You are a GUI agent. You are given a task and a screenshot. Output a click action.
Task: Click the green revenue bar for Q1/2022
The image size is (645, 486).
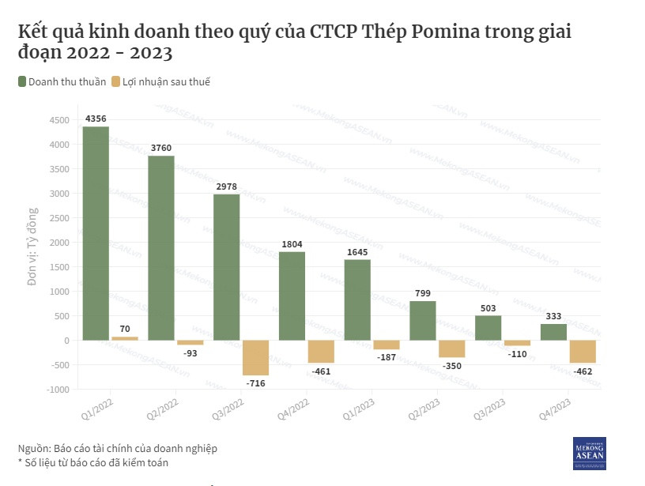point(96,233)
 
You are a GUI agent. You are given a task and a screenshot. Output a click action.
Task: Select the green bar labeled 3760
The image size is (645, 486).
point(161,247)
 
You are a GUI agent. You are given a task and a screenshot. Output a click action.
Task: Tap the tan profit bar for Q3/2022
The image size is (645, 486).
point(255,357)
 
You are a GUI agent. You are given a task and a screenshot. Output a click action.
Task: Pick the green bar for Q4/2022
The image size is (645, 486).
point(292,296)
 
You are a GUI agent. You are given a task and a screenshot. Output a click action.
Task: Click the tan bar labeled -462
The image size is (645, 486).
point(583,352)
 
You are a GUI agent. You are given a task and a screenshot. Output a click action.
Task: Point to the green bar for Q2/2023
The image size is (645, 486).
point(423,320)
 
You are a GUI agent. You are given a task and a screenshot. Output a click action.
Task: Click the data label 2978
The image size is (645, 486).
point(226,186)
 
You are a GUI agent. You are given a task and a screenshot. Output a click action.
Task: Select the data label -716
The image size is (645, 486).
point(255,383)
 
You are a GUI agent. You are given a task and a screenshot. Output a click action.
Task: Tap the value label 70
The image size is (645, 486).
point(125,329)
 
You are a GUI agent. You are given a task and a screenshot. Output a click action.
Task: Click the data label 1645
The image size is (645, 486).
point(357,252)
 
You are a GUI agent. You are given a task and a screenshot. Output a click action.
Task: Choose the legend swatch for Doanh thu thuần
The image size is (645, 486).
point(22,81)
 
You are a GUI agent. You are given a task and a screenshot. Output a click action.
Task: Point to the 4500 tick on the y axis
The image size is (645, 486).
point(59,120)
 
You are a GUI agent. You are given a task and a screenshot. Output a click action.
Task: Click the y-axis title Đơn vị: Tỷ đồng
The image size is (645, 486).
point(32,245)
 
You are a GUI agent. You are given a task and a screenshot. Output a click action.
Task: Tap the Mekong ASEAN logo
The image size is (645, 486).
point(589,453)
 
